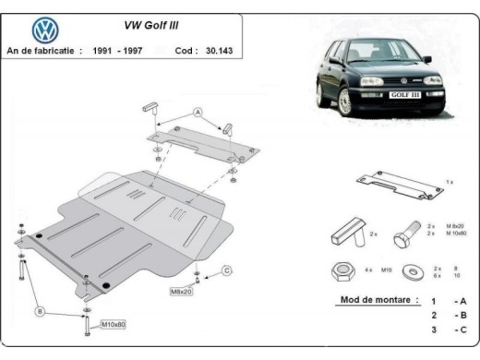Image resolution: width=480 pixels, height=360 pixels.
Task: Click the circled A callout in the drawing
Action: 197,112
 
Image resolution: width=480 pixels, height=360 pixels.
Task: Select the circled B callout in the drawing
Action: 41,312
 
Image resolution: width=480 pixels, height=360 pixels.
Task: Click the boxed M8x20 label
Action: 182,292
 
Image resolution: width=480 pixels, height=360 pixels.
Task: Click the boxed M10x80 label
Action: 114,324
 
